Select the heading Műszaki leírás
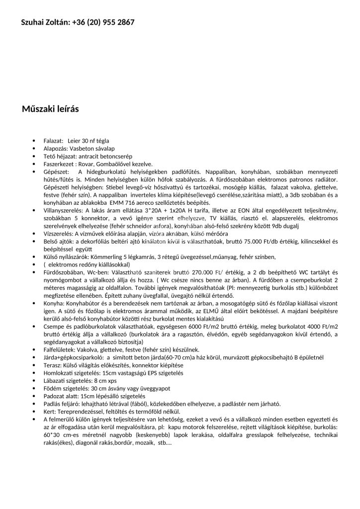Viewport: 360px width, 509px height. click(x=50, y=109)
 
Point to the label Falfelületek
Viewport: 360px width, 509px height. click(x=59, y=350)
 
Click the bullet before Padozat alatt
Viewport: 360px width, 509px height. click(x=33, y=396)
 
